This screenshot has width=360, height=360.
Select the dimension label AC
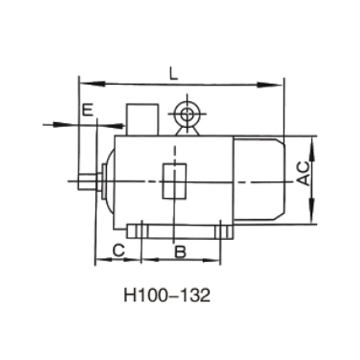pos(305,173)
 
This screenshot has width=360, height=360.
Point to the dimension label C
pos(118,250)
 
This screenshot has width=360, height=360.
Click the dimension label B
pos(180,251)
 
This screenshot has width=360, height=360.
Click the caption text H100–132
pos(166,296)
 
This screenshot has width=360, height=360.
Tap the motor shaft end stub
pos(87,181)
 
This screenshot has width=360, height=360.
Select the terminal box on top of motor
pos(142,119)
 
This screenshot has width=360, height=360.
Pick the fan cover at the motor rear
pos(258,179)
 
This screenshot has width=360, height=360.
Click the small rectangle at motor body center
pos(174,181)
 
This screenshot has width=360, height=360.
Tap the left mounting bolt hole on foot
pos(141,231)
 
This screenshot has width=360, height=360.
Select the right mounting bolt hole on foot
pos(220,231)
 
